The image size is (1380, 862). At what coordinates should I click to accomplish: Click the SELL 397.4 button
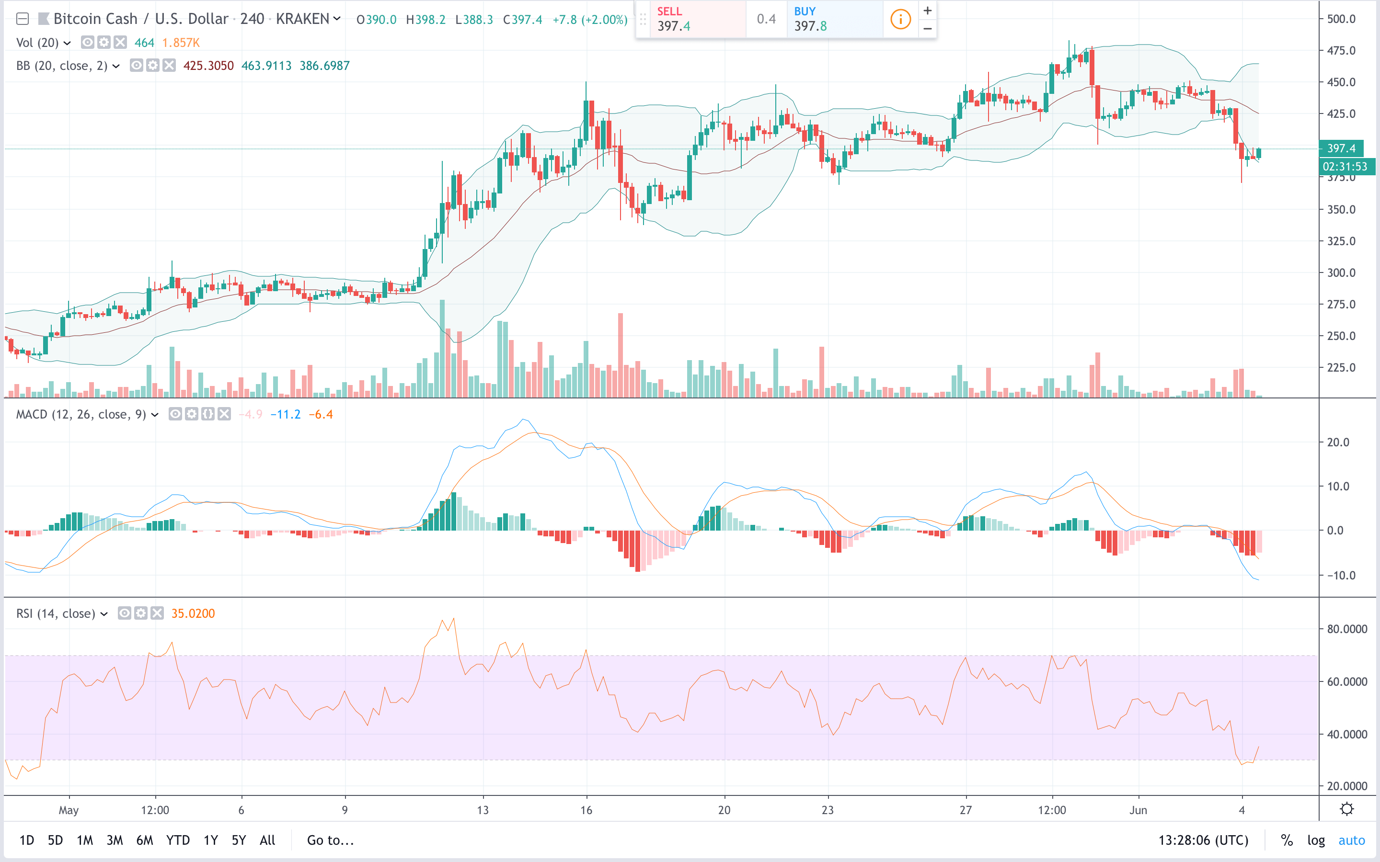690,19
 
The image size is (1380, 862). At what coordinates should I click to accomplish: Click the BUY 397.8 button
834,19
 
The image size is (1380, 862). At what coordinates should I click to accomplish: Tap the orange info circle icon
900,19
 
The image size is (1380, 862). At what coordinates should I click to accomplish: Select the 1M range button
84,840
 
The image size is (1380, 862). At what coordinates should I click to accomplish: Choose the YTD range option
178,840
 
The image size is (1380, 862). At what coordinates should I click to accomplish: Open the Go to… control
330,840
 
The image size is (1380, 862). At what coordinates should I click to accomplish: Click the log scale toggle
1316,840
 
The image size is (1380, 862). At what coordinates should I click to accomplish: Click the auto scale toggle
1351,840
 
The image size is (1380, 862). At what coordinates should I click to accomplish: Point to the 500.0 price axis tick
1341,19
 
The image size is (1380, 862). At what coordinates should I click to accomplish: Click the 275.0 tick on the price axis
1341,305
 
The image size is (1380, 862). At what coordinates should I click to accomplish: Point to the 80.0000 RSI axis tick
1346,629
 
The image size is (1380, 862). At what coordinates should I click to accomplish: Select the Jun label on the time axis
1138,810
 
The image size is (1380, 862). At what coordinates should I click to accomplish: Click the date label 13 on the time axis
483,810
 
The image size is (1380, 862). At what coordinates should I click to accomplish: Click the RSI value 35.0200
193,613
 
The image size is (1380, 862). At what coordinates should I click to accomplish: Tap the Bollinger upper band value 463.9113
266,66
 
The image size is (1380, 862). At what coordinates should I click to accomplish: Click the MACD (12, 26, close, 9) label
81,414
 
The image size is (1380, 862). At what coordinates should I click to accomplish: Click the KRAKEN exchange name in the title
302,19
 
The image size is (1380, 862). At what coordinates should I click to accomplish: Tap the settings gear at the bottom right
1347,809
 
